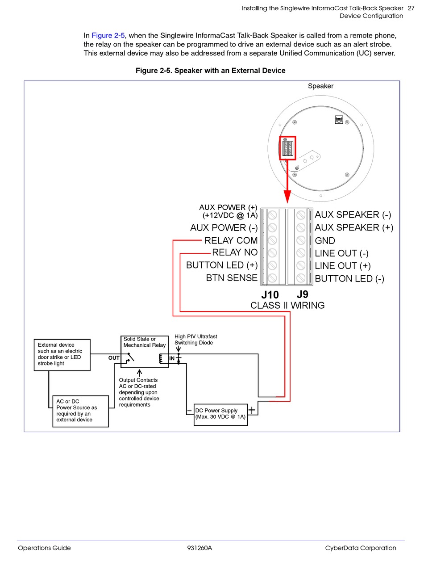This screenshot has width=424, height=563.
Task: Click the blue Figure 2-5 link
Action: tap(108, 35)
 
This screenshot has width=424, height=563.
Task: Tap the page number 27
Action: tap(411, 8)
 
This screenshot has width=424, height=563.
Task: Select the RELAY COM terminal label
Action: tap(231, 240)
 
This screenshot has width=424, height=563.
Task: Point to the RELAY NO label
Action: tap(235, 252)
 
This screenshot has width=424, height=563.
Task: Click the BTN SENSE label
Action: tap(232, 278)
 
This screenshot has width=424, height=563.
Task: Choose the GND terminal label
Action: tap(325, 240)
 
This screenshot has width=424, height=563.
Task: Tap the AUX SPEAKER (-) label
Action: tap(353, 214)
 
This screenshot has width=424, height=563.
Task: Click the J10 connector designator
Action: tap(270, 295)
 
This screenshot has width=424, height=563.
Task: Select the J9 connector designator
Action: tap(302, 294)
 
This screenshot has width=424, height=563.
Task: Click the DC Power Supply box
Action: tap(220, 415)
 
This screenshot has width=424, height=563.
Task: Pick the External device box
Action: tap(62, 355)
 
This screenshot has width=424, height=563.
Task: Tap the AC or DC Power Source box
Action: tap(80, 411)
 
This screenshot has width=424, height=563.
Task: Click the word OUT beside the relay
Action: tap(114, 358)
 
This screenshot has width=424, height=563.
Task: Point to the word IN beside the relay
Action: tap(172, 358)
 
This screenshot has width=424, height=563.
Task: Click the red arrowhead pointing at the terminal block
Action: tap(287, 197)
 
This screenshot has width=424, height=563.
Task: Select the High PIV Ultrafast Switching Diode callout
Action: tap(195, 339)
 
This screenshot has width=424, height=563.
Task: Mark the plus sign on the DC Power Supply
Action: tap(252, 410)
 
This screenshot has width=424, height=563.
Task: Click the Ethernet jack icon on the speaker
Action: tap(339, 120)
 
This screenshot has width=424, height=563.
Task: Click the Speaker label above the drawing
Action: tap(320, 86)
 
